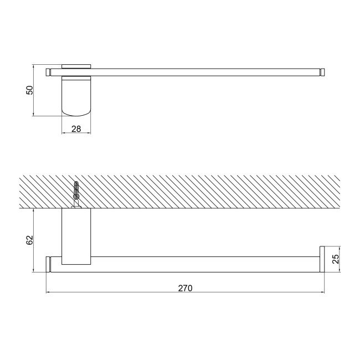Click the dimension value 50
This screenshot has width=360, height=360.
[30, 90]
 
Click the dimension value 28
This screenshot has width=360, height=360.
[76, 129]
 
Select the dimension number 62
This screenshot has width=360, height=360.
[30, 240]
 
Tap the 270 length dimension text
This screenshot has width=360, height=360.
[186, 288]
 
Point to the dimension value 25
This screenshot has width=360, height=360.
[336, 259]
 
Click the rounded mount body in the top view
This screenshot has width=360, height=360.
[76, 96]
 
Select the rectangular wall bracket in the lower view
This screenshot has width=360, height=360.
[76, 236]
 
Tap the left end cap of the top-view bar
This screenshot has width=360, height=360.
[48, 72]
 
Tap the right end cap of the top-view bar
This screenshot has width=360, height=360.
[322, 72]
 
